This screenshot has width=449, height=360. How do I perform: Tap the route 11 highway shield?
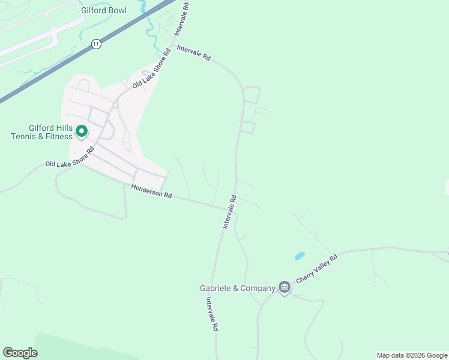coord(95,44)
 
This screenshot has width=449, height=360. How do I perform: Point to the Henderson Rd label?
coord(152,192)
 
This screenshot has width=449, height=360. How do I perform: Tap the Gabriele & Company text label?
coord(237,289)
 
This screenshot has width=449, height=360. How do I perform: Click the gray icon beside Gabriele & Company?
coord(285,288)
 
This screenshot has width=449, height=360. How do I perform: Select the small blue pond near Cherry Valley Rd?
coord(299,256)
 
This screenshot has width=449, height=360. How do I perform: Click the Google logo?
coord(20,353)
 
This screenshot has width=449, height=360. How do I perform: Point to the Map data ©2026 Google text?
coord(412,355)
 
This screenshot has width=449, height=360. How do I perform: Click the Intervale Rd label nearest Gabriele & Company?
coord(211,314)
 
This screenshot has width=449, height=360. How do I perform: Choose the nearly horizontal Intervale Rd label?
coord(193,52)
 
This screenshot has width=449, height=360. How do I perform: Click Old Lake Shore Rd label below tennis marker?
coord(70,158)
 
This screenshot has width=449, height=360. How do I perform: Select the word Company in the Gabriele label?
coord(256,289)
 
